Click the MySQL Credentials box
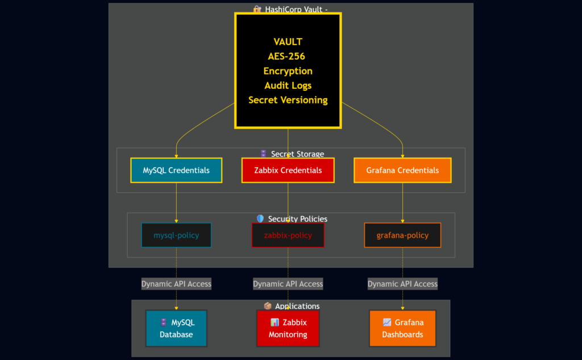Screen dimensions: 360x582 click(176, 170)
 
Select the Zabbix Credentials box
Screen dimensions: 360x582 click(288, 170)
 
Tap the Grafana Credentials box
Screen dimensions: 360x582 click(402, 170)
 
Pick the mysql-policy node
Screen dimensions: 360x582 click(176, 235)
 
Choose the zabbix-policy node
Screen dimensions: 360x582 click(288, 235)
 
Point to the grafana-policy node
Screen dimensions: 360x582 click(402, 235)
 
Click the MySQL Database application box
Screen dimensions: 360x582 click(176, 328)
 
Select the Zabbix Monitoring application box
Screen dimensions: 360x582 click(288, 328)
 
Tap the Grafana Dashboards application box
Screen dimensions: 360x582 click(402, 328)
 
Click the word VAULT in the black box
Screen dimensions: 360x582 click(288, 42)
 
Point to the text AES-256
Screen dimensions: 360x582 click(286, 56)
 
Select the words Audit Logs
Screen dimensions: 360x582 click(288, 85)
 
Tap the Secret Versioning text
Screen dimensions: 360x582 click(288, 100)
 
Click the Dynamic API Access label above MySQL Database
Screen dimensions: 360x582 click(176, 284)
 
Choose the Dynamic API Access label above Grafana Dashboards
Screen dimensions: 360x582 click(402, 284)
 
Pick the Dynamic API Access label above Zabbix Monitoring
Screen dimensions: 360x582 click(288, 284)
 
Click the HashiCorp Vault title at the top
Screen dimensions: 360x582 click(294, 10)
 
